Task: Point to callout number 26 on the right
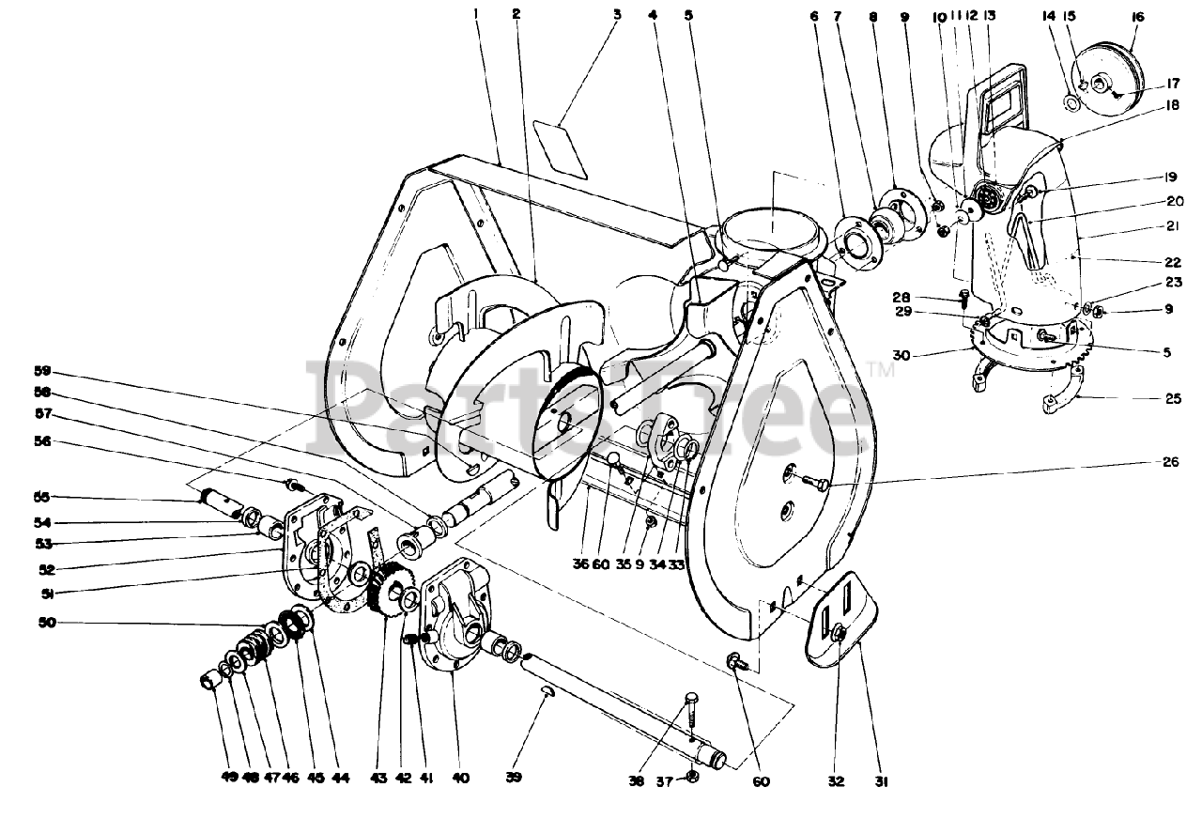tap(1169, 461)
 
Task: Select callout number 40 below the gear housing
tap(460, 778)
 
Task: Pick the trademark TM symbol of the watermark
tap(881, 370)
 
